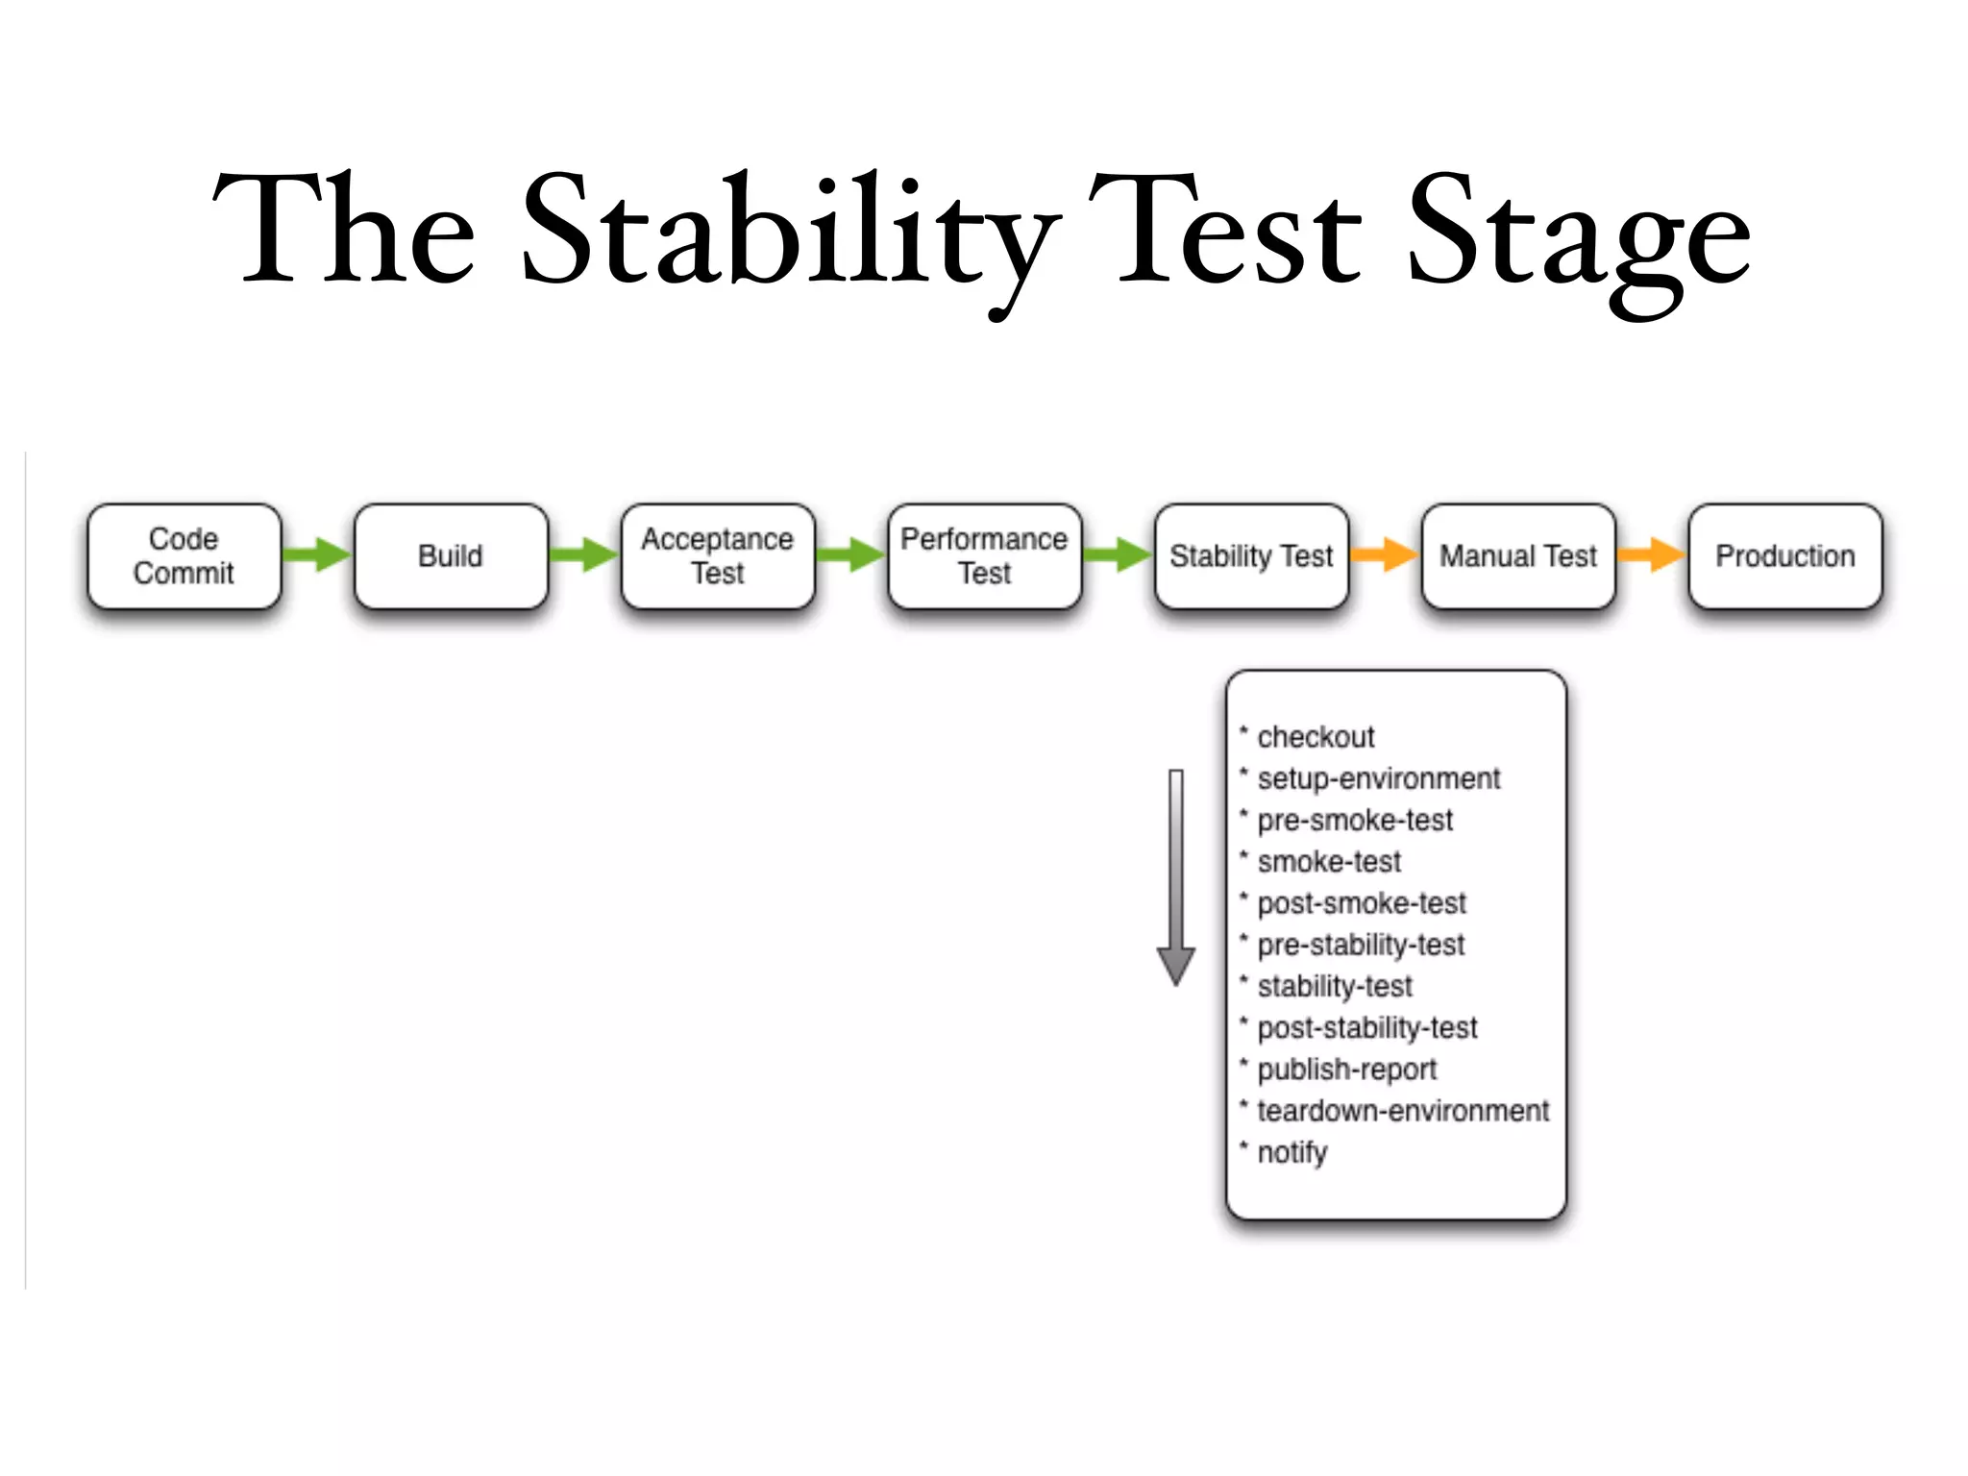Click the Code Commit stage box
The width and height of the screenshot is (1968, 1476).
tap(184, 556)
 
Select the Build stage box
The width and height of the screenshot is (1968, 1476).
tap(451, 556)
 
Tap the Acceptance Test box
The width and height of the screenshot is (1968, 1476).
tap(718, 556)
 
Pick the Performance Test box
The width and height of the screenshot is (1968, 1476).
tap(984, 556)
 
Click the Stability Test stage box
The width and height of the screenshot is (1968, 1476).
tap(1251, 556)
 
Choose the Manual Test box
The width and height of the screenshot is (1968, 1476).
tap(1517, 556)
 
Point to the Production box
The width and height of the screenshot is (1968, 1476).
tap(1784, 556)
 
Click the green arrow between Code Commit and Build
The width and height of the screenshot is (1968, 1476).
tap(318, 554)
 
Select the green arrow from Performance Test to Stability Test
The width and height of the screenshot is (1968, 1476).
tap(1118, 554)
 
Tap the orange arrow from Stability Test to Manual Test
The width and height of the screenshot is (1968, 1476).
tap(1384, 554)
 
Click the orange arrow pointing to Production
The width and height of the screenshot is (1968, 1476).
tap(1651, 554)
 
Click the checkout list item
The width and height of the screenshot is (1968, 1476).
tap(1315, 737)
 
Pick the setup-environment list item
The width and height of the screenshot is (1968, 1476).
tap(1378, 778)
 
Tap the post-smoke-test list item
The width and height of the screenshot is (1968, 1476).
tap(1361, 903)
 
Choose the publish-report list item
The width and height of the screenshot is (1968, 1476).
tap(1346, 1070)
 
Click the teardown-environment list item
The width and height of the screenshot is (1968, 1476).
tap(1402, 1111)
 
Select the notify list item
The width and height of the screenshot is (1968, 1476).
tap(1291, 1152)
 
